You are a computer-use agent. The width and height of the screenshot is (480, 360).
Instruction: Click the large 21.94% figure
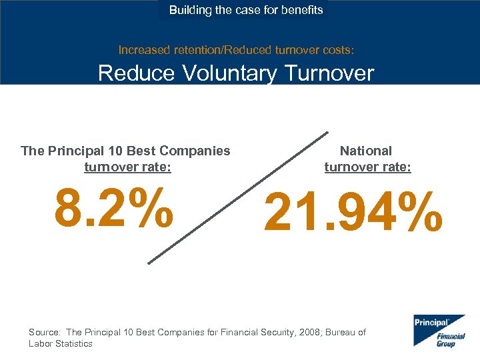pos(353,211)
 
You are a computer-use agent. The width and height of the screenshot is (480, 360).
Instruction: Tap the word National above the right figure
pos(366,151)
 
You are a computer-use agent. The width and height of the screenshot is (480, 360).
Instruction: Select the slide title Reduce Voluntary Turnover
pos(236,73)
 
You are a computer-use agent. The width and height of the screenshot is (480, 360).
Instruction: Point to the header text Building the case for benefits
pos(245,10)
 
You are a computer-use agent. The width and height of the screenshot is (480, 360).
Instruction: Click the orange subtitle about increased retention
pos(236,49)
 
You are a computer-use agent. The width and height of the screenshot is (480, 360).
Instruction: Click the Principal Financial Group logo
pos(438,330)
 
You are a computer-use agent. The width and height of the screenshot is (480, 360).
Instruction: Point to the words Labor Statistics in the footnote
pos(61,343)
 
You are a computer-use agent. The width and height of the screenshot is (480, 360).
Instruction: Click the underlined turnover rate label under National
pos(367,167)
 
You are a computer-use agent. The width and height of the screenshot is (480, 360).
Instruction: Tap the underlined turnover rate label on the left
pos(127,167)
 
